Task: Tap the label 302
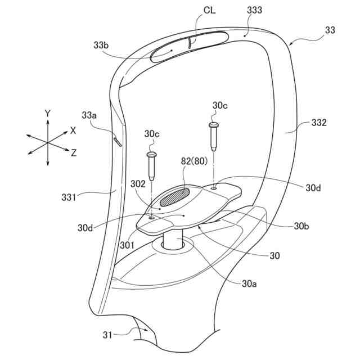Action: click(x=138, y=183)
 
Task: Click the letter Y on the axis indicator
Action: click(x=48, y=113)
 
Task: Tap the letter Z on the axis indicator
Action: click(x=74, y=152)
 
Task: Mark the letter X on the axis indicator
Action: click(x=73, y=130)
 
